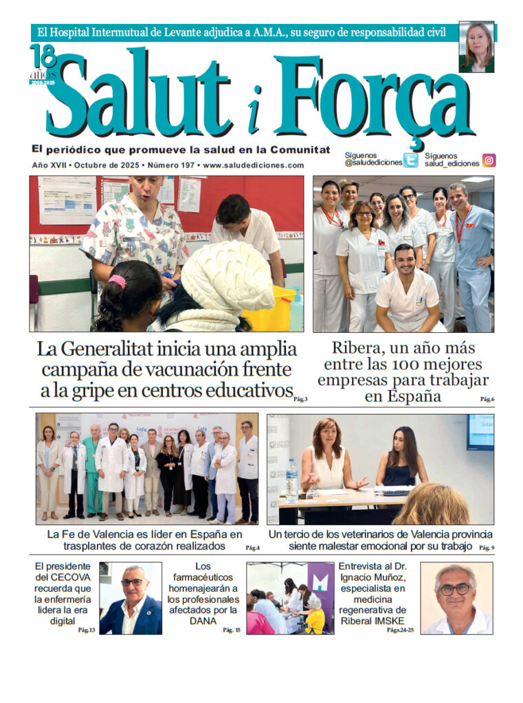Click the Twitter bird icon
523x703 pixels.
tap(410, 161)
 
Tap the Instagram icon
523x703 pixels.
tap(489, 161)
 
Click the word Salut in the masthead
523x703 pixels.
tap(140, 97)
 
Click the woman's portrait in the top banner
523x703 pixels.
tap(476, 47)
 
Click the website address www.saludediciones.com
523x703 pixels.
tap(254, 165)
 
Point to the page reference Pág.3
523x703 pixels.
tap(300, 399)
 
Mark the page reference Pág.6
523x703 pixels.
tap(487, 399)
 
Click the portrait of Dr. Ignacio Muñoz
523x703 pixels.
tap(456, 598)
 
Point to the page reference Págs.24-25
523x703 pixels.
tap(400, 630)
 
